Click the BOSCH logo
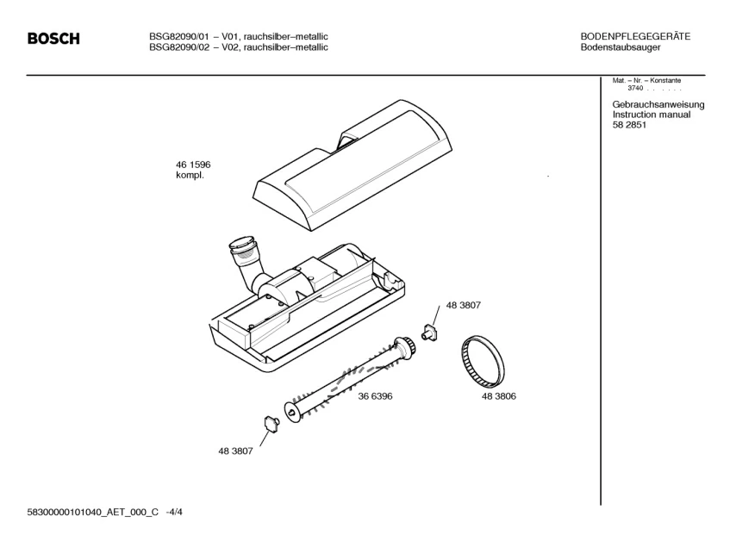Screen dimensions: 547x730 53,40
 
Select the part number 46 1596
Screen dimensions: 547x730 193,165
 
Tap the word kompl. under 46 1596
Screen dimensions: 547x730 190,176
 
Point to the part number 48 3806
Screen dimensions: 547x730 499,396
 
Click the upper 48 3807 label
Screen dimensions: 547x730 463,306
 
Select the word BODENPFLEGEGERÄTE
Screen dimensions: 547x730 636,36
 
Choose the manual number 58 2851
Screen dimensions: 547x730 629,126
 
